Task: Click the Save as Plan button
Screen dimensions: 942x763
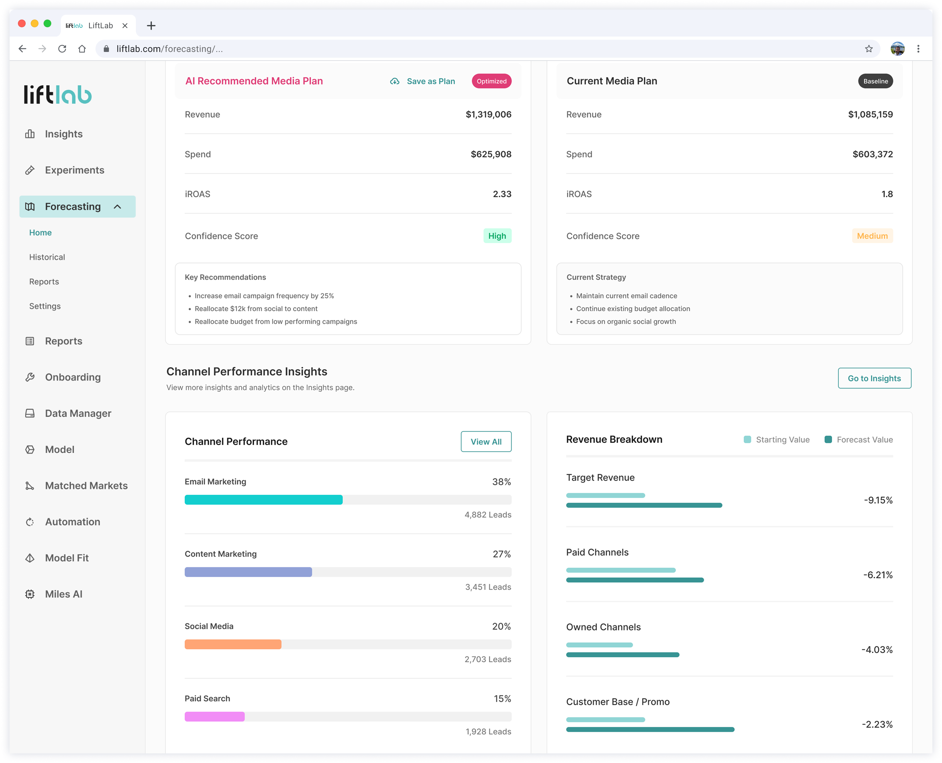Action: (x=423, y=81)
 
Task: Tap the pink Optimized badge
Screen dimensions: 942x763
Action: (x=492, y=81)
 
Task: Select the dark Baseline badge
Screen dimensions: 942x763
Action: (x=875, y=81)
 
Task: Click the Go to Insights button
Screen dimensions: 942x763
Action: (x=874, y=378)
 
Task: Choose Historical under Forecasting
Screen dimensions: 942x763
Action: (x=47, y=257)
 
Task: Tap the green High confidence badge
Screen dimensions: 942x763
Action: (x=497, y=236)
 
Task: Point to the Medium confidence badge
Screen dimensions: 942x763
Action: (x=872, y=236)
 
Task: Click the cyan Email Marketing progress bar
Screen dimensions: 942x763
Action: (x=263, y=500)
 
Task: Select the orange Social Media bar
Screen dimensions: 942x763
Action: (x=233, y=644)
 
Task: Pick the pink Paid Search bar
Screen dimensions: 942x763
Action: (x=214, y=717)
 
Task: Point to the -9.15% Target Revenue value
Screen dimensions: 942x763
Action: (x=878, y=500)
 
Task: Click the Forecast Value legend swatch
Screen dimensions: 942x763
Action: (x=828, y=440)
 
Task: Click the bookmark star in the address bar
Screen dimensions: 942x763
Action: (x=869, y=49)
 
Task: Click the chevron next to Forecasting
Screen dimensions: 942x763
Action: (x=117, y=206)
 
